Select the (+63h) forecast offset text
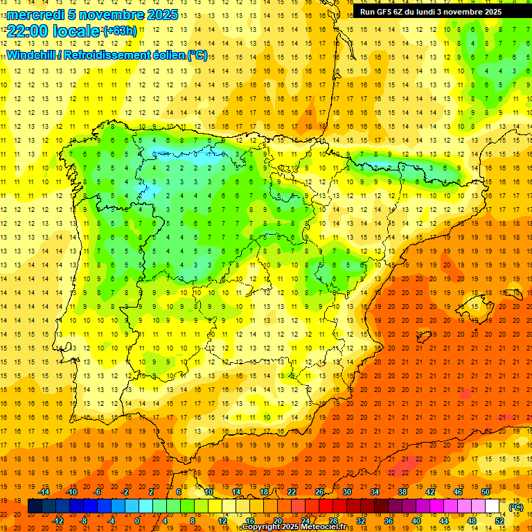tap(119, 30)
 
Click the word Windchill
tap(30, 55)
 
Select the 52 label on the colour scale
tap(499, 521)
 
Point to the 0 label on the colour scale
tap(137, 521)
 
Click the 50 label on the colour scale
tap(485, 491)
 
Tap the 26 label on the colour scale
tap(319, 491)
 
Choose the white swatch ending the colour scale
tap(492, 506)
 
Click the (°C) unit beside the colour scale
tap(515, 507)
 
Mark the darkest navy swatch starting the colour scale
tap(35, 506)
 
